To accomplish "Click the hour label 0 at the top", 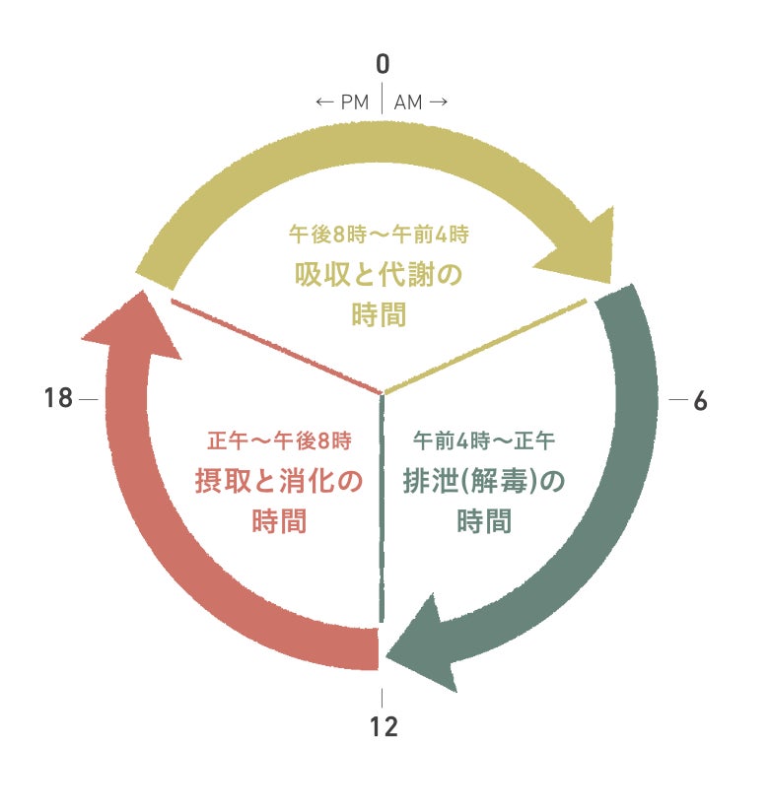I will pyautogui.click(x=383, y=65).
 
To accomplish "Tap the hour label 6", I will pyautogui.click(x=701, y=401).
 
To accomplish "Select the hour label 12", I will pyautogui.click(x=384, y=727).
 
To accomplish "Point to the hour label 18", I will pyautogui.click(x=59, y=399).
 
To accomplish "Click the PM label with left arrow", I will pyautogui.click(x=342, y=102).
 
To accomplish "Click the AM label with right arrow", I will pyautogui.click(x=421, y=102).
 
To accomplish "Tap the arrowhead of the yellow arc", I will pyautogui.click(x=580, y=252).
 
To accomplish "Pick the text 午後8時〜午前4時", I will pyautogui.click(x=379, y=236).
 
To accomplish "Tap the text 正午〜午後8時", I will pyautogui.click(x=279, y=439).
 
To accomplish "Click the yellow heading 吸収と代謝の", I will pyautogui.click(x=379, y=275).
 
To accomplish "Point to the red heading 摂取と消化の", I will pyautogui.click(x=279, y=481).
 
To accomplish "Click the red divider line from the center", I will pyautogui.click(x=276, y=345).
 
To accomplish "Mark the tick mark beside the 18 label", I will pyautogui.click(x=89, y=400).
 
